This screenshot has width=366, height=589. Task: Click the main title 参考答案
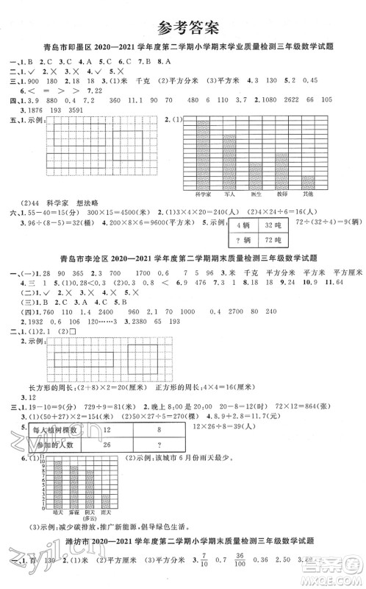(183, 29)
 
